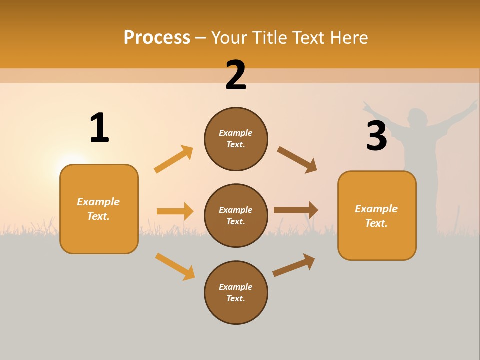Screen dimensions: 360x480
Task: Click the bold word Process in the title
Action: click(157, 37)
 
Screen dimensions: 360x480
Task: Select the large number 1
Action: click(99, 128)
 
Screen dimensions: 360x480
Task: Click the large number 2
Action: click(236, 75)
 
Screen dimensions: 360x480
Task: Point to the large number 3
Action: click(376, 136)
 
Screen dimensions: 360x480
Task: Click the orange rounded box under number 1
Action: click(99, 209)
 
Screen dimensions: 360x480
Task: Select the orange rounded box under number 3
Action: click(377, 215)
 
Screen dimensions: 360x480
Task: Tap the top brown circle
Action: click(236, 139)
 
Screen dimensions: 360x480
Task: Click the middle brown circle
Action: click(236, 215)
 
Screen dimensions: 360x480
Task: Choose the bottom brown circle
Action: click(236, 292)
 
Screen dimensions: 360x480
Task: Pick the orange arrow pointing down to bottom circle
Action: click(175, 266)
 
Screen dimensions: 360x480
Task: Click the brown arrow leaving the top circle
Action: click(297, 160)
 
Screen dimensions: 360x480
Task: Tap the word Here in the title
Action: click(349, 37)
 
